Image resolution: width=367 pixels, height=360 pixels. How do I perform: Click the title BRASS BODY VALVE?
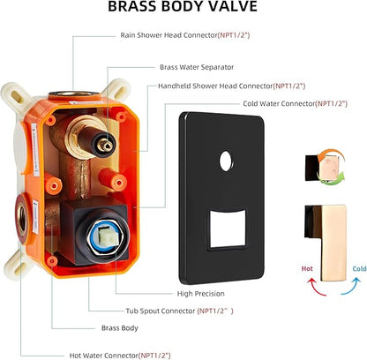(183, 6)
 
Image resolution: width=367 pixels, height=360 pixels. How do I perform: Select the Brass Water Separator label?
(197, 67)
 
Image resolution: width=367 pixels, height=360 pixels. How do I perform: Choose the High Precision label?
(201, 294)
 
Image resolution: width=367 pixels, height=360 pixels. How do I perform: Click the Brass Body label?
(120, 328)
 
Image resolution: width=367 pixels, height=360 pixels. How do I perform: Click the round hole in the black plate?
(226, 161)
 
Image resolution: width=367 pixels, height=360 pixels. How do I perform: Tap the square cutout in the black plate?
(228, 229)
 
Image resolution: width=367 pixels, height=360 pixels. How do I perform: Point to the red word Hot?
(307, 268)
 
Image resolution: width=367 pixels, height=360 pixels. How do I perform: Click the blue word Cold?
(359, 268)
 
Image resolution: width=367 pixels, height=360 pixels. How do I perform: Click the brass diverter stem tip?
(106, 146)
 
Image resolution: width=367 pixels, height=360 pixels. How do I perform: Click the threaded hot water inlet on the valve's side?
(22, 219)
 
